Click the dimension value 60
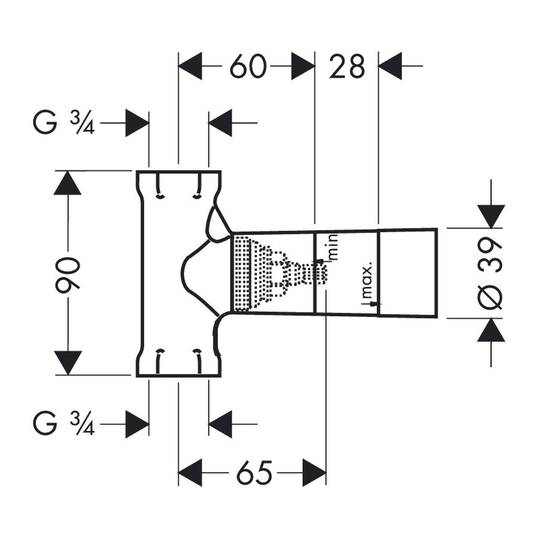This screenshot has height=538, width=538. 247,67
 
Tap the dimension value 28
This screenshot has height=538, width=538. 347,67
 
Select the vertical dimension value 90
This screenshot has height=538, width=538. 68,273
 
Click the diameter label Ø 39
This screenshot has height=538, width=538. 491,273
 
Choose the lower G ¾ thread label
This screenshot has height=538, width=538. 64,423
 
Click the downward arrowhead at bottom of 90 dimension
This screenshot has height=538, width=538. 68,363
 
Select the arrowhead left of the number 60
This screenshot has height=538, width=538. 190,67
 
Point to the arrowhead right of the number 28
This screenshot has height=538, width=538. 390,67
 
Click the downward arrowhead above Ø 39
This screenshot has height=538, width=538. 491,216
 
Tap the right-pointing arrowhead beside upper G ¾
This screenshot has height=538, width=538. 138,124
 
